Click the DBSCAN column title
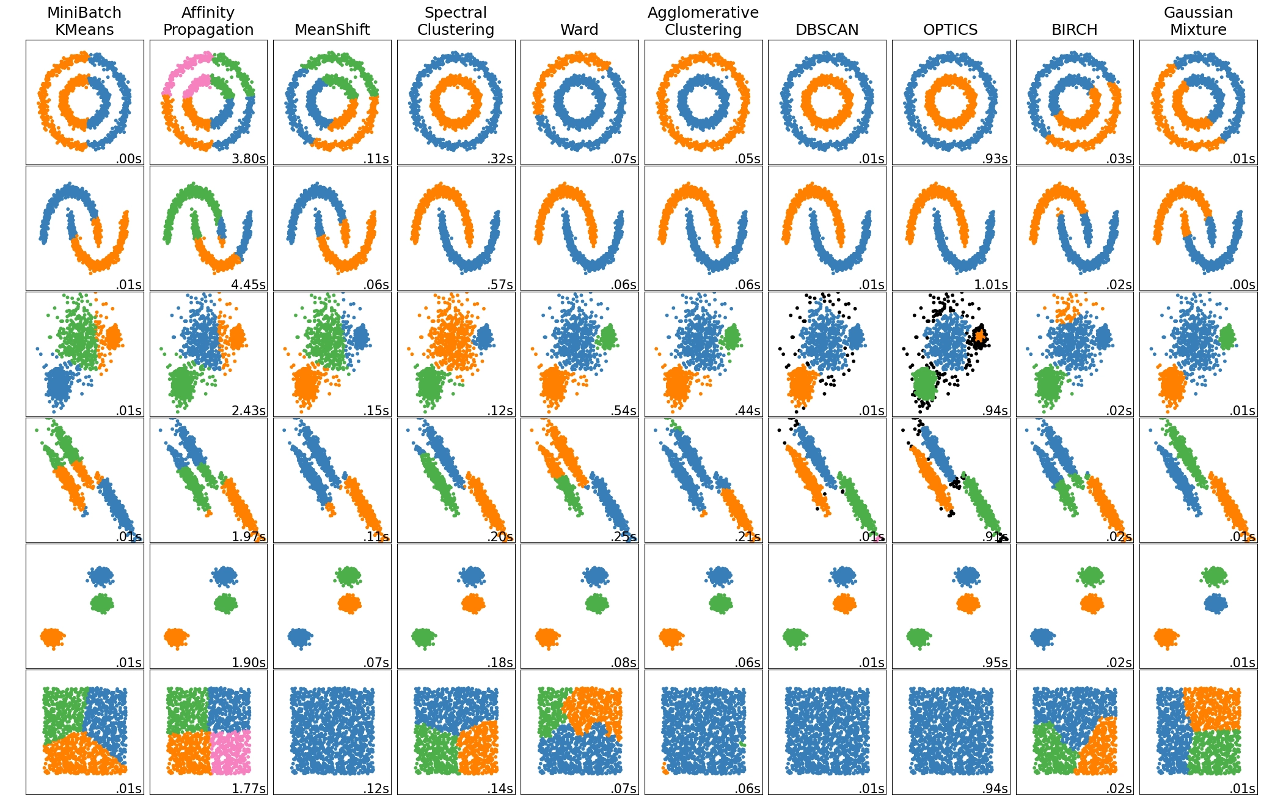[827, 29]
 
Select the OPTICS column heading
[950, 29]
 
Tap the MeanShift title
[332, 29]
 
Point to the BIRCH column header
[1074, 29]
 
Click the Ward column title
[579, 29]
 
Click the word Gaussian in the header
[1198, 12]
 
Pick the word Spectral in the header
[456, 12]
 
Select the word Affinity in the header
[208, 12]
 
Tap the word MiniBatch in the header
[84, 12]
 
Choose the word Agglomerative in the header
[703, 12]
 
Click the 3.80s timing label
[249, 158]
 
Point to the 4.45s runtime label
[249, 284]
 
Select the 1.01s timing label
[991, 284]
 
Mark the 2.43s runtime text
[249, 410]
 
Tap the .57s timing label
[500, 284]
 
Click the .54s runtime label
[624, 410]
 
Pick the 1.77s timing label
[249, 788]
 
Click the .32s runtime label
[500, 158]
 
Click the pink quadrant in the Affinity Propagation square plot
[230, 752]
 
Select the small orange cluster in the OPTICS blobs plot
[980, 335]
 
